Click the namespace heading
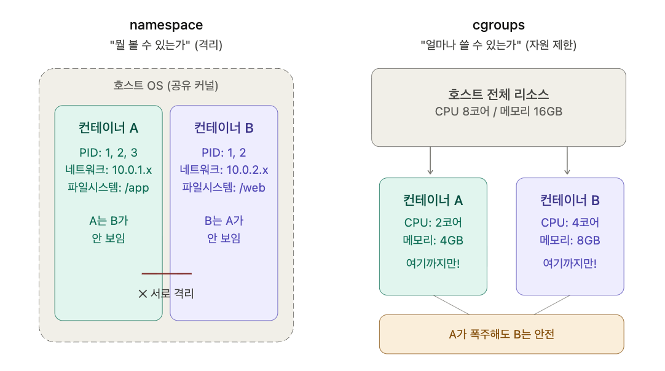click(x=166, y=25)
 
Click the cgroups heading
click(x=498, y=25)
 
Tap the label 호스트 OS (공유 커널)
click(x=166, y=85)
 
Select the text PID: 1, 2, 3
click(x=109, y=153)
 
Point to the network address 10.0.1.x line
click(x=109, y=170)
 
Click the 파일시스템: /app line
click(x=109, y=187)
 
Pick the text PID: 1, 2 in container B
click(x=224, y=153)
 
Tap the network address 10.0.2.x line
click(x=224, y=170)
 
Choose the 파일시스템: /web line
click(x=224, y=187)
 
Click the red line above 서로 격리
click(x=167, y=273)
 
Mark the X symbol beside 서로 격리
click(x=143, y=294)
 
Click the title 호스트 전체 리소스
click(x=498, y=94)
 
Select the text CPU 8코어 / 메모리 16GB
click(x=498, y=112)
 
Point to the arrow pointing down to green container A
click(x=430, y=161)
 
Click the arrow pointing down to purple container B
click(x=567, y=161)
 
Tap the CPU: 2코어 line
click(x=433, y=222)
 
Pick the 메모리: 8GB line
click(x=570, y=240)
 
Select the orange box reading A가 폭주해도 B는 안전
click(x=502, y=334)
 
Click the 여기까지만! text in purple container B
click(x=570, y=264)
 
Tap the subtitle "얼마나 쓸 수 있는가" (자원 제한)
click(x=498, y=45)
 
